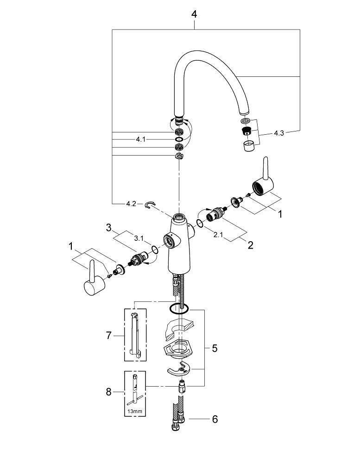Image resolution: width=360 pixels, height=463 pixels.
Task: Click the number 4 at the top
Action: click(194, 14)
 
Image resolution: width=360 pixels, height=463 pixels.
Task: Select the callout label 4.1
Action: click(141, 139)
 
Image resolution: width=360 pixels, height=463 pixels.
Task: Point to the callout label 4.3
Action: click(278, 133)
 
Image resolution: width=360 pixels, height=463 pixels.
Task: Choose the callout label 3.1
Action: click(139, 239)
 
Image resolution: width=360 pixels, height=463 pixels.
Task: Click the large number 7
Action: click(109, 335)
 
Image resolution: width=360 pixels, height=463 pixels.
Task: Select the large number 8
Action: click(109, 392)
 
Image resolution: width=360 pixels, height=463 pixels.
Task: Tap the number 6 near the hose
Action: click(214, 419)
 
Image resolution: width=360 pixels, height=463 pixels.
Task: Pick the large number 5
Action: click(215, 348)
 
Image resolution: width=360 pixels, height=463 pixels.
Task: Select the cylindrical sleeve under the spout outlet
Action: click(248, 147)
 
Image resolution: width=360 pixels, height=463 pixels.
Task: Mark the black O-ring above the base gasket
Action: click(178, 308)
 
